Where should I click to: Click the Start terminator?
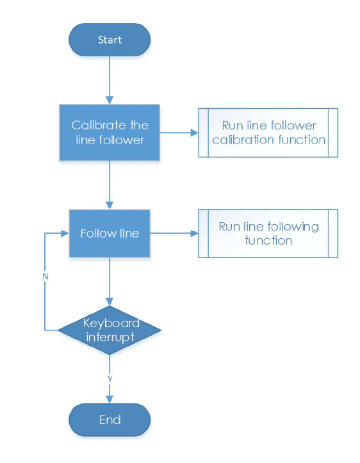(x=110, y=40)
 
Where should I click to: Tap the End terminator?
(x=110, y=419)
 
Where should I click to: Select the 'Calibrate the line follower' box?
(x=110, y=133)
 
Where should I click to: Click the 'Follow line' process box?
(x=110, y=233)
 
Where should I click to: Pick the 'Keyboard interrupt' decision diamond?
(x=110, y=330)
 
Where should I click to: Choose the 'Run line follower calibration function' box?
(x=268, y=133)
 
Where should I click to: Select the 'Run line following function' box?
(x=268, y=233)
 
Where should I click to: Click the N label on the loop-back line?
(x=45, y=277)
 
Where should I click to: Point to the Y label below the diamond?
(x=110, y=380)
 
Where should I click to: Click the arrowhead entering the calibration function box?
(x=195, y=133)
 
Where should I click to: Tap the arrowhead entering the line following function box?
(x=195, y=234)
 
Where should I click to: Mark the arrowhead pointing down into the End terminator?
(x=110, y=399)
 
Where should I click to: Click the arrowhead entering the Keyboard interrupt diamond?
(x=110, y=302)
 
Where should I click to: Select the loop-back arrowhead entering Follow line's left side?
(x=65, y=234)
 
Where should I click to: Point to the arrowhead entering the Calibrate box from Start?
(x=110, y=100)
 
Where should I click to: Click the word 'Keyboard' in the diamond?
(x=111, y=323)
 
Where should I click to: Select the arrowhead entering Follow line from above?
(x=110, y=206)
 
